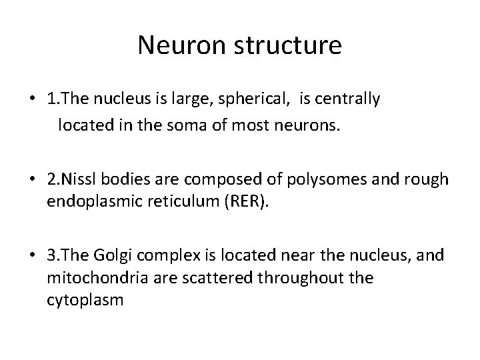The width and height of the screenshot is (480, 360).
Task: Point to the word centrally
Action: (347, 100)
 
